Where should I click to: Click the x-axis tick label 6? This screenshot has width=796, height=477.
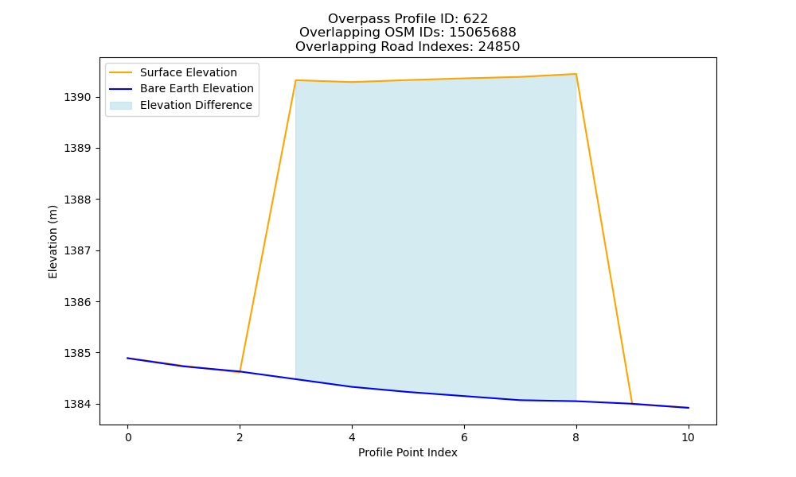click(x=464, y=437)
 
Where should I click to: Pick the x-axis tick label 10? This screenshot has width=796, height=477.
click(x=688, y=437)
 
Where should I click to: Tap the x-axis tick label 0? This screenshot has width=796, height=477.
click(x=128, y=437)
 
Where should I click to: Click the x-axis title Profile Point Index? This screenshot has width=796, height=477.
click(x=408, y=452)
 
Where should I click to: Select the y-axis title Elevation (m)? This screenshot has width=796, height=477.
click(x=53, y=242)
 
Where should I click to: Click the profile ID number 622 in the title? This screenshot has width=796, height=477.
click(x=476, y=19)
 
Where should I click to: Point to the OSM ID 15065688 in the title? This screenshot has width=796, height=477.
click(x=483, y=33)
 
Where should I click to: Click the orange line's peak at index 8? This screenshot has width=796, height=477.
click(x=576, y=74)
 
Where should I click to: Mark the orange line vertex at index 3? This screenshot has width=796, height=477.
click(x=295, y=80)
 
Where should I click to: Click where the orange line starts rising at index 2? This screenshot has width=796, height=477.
click(x=240, y=371)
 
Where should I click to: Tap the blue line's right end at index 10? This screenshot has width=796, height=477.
click(x=689, y=408)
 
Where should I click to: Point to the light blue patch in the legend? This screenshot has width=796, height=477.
click(x=121, y=106)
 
